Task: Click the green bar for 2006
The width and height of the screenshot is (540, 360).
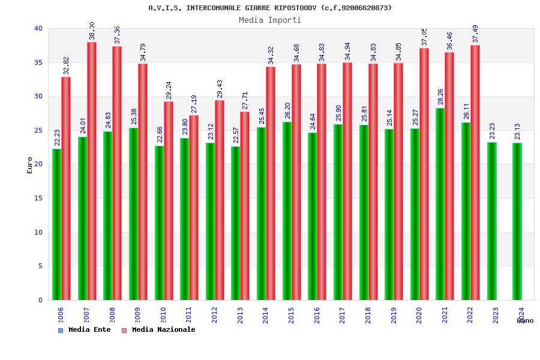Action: (56, 224)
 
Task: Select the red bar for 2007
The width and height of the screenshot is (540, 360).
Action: (92, 171)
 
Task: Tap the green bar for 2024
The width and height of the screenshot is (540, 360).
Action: (517, 221)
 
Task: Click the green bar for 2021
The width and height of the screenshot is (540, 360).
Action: (440, 204)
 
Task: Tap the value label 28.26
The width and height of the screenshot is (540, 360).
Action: (441, 97)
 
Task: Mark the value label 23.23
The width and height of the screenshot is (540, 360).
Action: (492, 131)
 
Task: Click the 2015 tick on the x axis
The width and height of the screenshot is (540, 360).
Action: (292, 315)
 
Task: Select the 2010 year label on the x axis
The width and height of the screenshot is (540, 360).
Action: (163, 315)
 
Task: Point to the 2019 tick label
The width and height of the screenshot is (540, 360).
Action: (394, 315)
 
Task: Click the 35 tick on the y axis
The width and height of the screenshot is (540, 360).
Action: (38, 62)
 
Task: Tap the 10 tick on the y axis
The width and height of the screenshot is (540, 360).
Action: (38, 232)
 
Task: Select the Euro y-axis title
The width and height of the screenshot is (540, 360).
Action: (30, 165)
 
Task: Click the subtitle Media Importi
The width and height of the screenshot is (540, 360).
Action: (270, 20)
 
